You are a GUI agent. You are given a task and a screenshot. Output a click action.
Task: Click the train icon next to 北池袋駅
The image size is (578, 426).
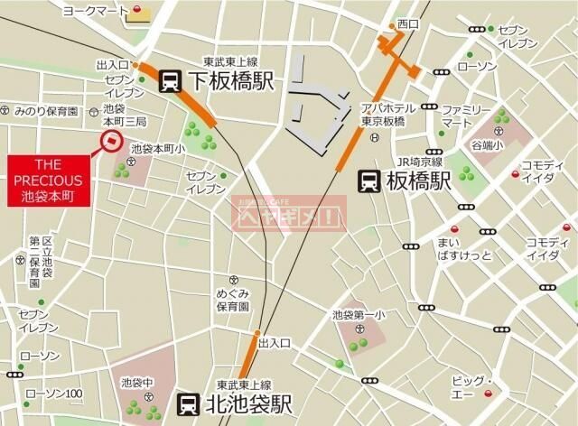(x=187, y=403)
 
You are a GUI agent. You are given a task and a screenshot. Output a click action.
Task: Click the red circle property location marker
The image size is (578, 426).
(x=112, y=140)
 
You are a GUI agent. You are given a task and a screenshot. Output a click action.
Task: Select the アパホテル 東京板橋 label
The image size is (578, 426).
(x=388, y=115)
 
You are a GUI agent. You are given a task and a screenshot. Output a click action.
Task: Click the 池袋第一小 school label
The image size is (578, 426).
(x=359, y=315)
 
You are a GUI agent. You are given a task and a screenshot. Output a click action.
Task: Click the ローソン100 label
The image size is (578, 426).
(x=54, y=394)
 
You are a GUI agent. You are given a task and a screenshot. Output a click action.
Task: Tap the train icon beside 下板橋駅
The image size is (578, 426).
(x=169, y=82)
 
